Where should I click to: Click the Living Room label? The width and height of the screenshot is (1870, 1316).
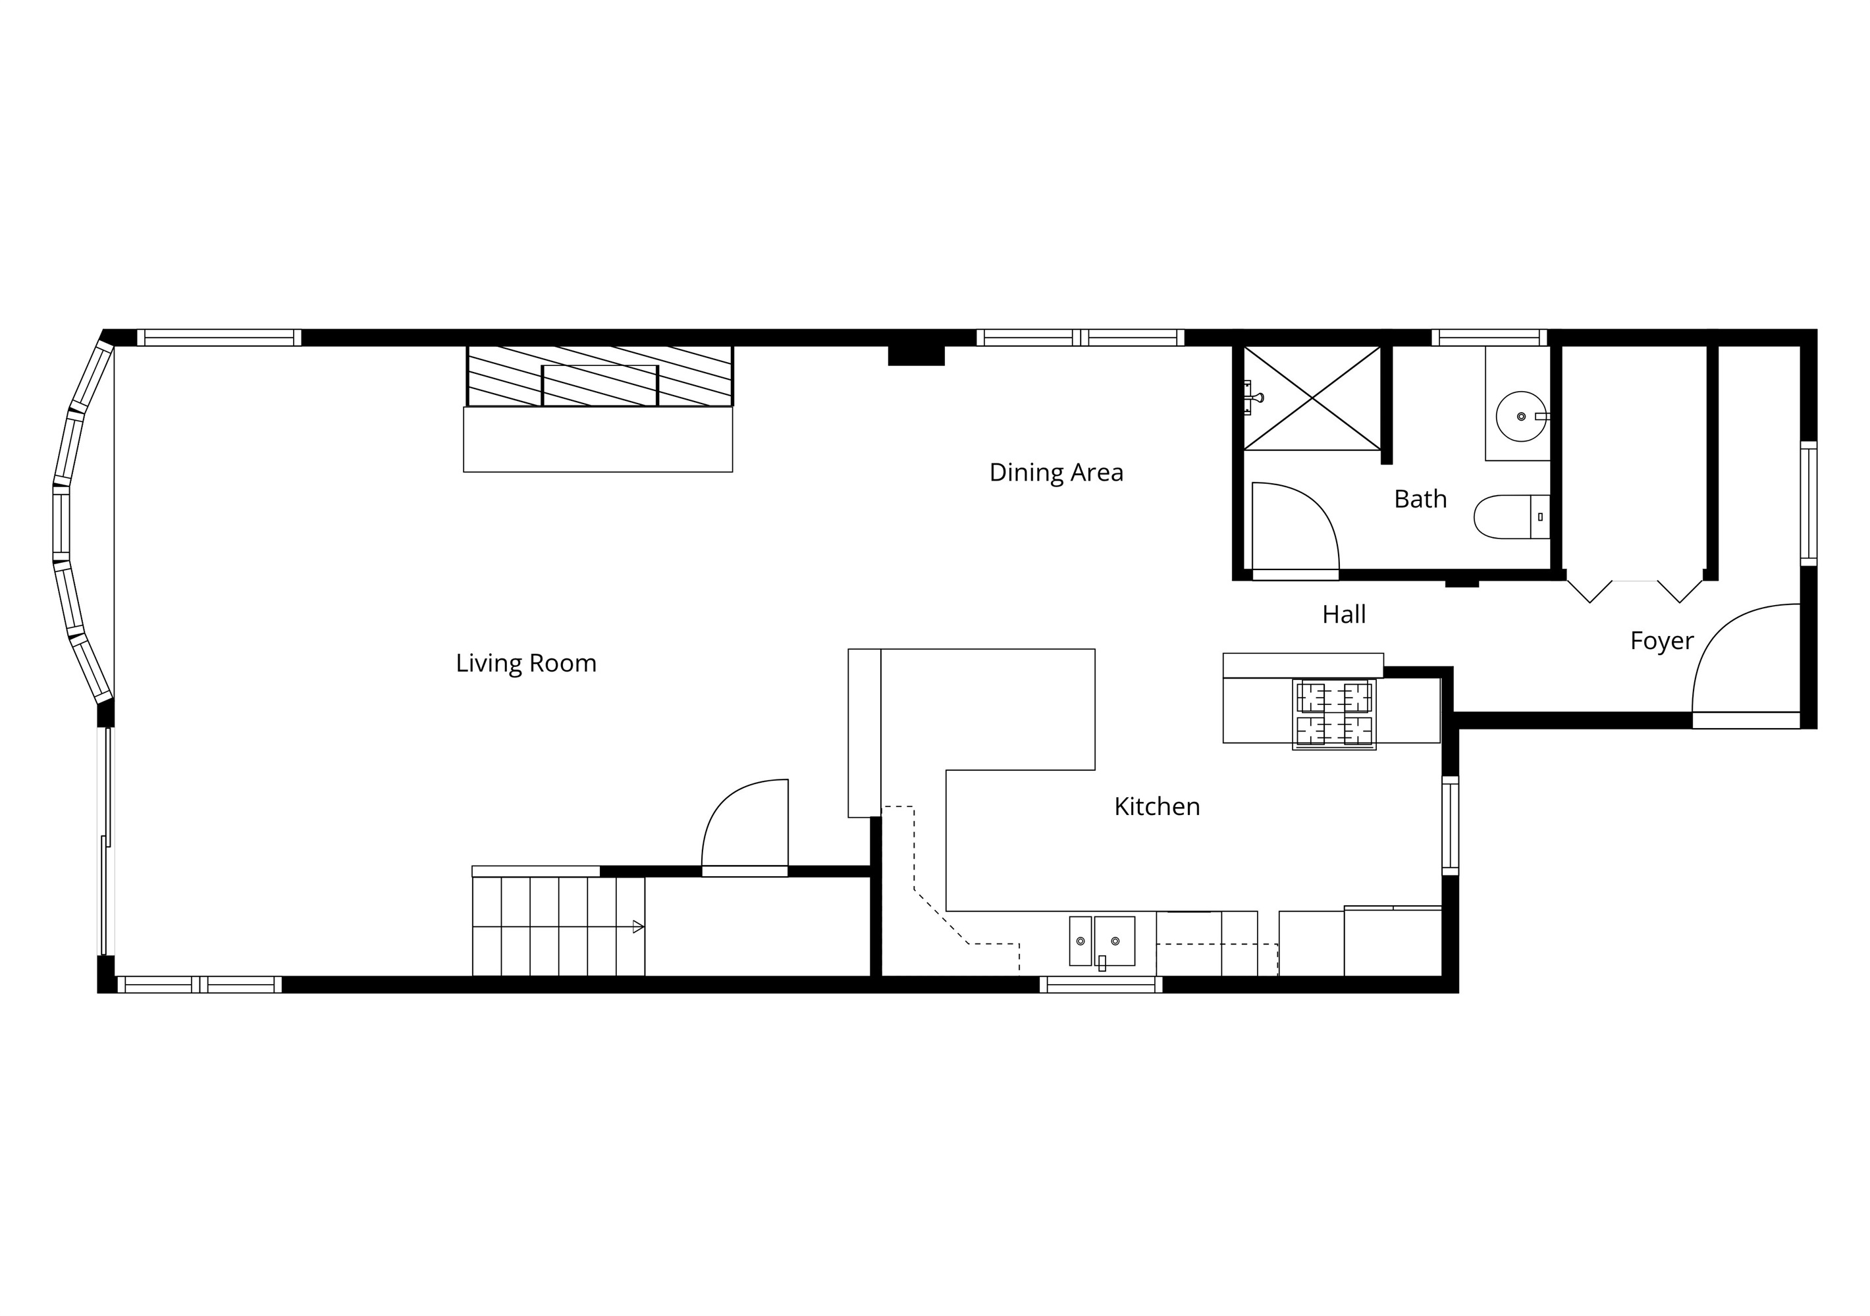point(526,663)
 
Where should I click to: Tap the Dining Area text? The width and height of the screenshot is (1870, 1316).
point(1056,472)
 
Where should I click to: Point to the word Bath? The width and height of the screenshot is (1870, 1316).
point(1420,498)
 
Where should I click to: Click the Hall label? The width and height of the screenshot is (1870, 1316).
point(1344,614)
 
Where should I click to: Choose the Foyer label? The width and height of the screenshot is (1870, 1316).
point(1661,641)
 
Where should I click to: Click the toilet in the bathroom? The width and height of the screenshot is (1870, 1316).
point(1512,516)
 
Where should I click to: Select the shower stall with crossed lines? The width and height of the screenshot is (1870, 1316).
point(1312,398)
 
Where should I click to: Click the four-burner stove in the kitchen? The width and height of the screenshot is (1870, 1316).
point(1334,714)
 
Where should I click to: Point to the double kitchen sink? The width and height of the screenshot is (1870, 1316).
point(1102,941)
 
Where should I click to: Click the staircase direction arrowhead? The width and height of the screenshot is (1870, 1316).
point(639,927)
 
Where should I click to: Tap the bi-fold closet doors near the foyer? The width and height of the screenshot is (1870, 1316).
point(1635,591)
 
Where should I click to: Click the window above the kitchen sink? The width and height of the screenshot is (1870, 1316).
point(1101,985)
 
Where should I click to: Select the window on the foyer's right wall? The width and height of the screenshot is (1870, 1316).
point(1808,503)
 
